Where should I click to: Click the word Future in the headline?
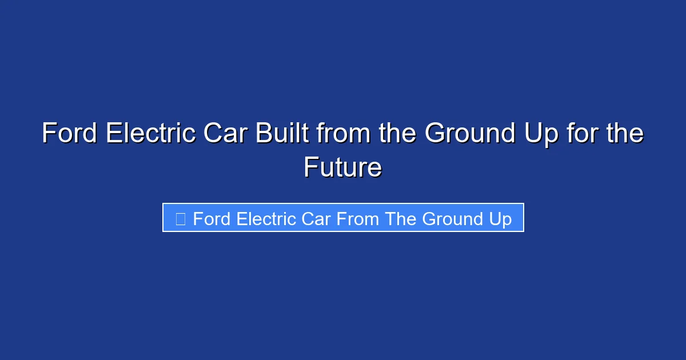pos(342,168)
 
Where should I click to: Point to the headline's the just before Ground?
pos(396,134)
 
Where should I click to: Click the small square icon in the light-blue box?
pos(180,218)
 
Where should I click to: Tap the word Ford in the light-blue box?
pos(212,219)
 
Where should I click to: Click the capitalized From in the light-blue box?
pos(358,219)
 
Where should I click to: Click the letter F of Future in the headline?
pos(310,168)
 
